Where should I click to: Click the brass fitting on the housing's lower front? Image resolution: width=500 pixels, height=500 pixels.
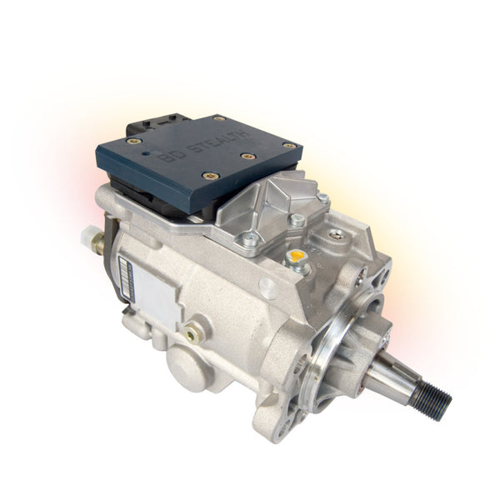[194, 332]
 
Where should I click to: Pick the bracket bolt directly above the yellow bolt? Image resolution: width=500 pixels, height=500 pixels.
[297, 221]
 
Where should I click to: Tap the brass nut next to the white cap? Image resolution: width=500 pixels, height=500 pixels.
[97, 242]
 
